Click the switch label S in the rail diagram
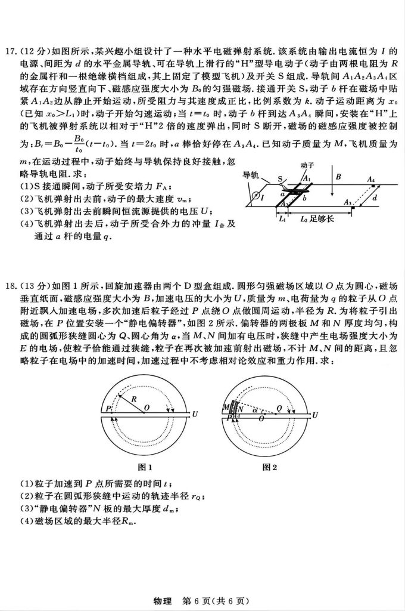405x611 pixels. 281,178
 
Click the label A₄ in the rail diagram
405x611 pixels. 371,179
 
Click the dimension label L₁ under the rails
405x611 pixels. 282,219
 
